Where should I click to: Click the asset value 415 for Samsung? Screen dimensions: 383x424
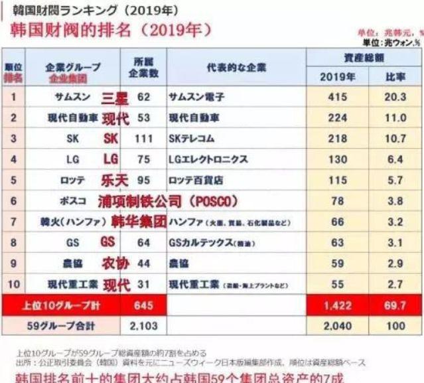coord(338,97)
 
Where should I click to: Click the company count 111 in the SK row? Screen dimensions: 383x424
coord(143,139)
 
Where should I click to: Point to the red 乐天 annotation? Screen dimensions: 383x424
coord(115,180)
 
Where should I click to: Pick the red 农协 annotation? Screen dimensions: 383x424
coord(115,264)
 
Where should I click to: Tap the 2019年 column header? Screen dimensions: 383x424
coord(337,76)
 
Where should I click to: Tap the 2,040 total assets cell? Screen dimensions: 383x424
coord(337,326)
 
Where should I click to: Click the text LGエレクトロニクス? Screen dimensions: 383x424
coord(208,159)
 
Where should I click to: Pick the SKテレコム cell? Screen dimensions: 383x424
coord(196,139)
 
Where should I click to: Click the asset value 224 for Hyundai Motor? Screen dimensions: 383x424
coord(338,118)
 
